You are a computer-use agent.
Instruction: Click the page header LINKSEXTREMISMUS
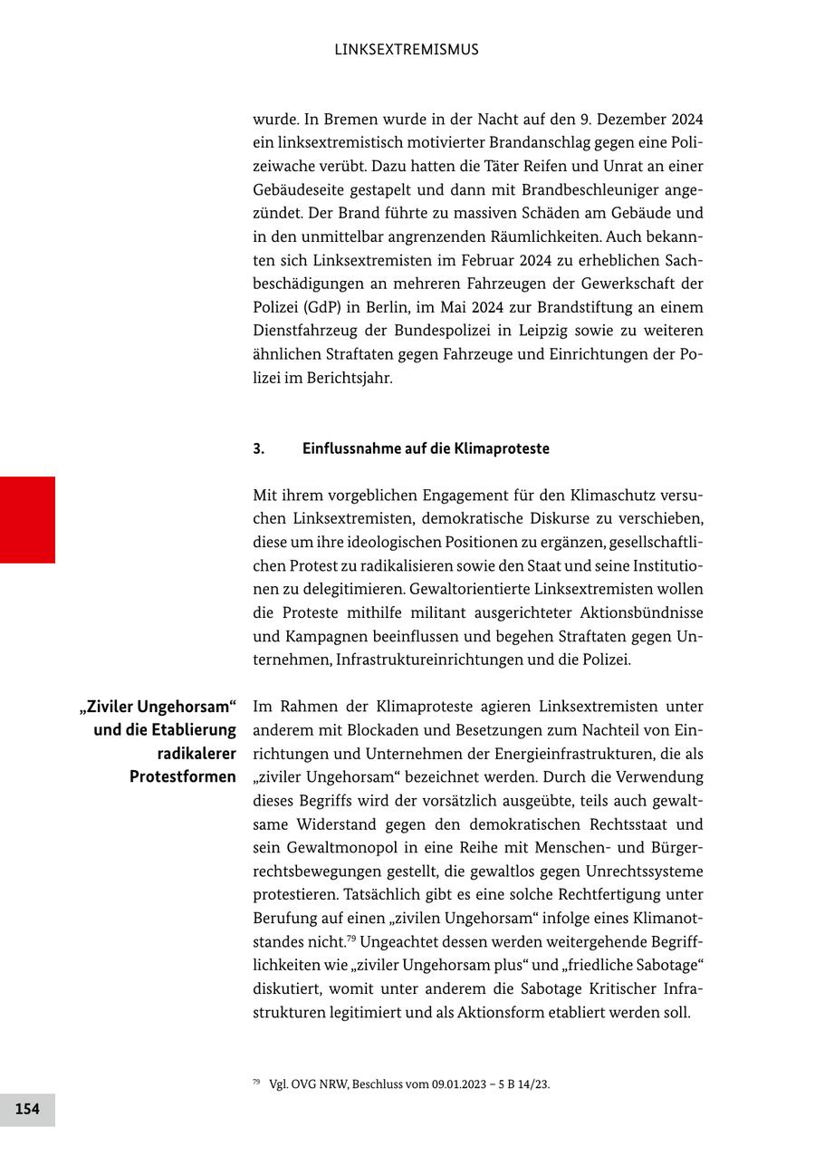pyautogui.click(x=407, y=50)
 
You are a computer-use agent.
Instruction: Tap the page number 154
pyautogui.click(x=27, y=1109)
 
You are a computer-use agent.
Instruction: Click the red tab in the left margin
pyautogui.click(x=27, y=519)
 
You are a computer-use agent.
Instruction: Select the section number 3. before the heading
pyautogui.click(x=258, y=448)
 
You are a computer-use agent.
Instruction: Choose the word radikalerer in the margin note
pyautogui.click(x=197, y=754)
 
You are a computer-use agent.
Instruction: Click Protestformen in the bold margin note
pyautogui.click(x=183, y=777)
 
